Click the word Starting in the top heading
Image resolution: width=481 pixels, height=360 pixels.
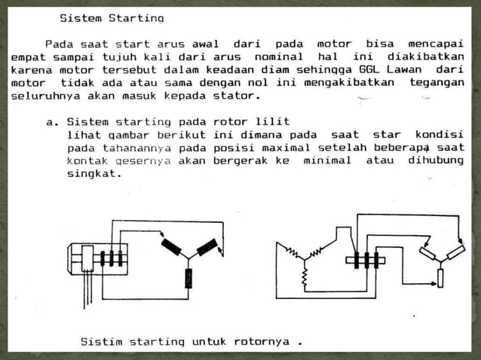click(x=138, y=17)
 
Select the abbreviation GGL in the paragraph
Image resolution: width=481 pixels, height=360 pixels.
click(x=370, y=70)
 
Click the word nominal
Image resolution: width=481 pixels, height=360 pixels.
click(x=276, y=56)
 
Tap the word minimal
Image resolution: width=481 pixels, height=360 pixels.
click(x=327, y=160)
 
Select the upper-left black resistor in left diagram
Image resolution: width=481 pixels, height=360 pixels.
click(x=170, y=246)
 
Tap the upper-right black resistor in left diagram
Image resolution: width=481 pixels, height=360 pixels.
click(x=207, y=246)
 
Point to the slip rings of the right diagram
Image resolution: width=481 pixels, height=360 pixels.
click(x=366, y=261)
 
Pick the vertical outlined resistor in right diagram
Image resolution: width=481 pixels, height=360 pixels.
click(x=441, y=278)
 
